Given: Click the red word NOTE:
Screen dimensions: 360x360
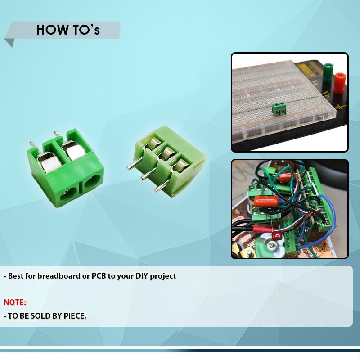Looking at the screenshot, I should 15,302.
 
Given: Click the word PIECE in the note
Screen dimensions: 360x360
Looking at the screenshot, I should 73,316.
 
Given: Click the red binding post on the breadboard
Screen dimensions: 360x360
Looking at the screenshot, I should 338,83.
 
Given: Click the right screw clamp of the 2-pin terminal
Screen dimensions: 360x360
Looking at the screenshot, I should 72,151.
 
